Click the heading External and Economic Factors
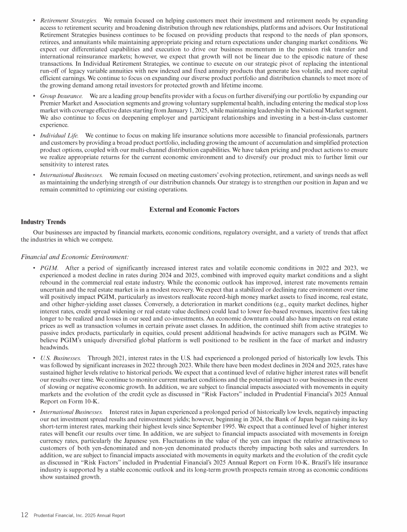(195, 210)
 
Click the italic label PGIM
(49, 268)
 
